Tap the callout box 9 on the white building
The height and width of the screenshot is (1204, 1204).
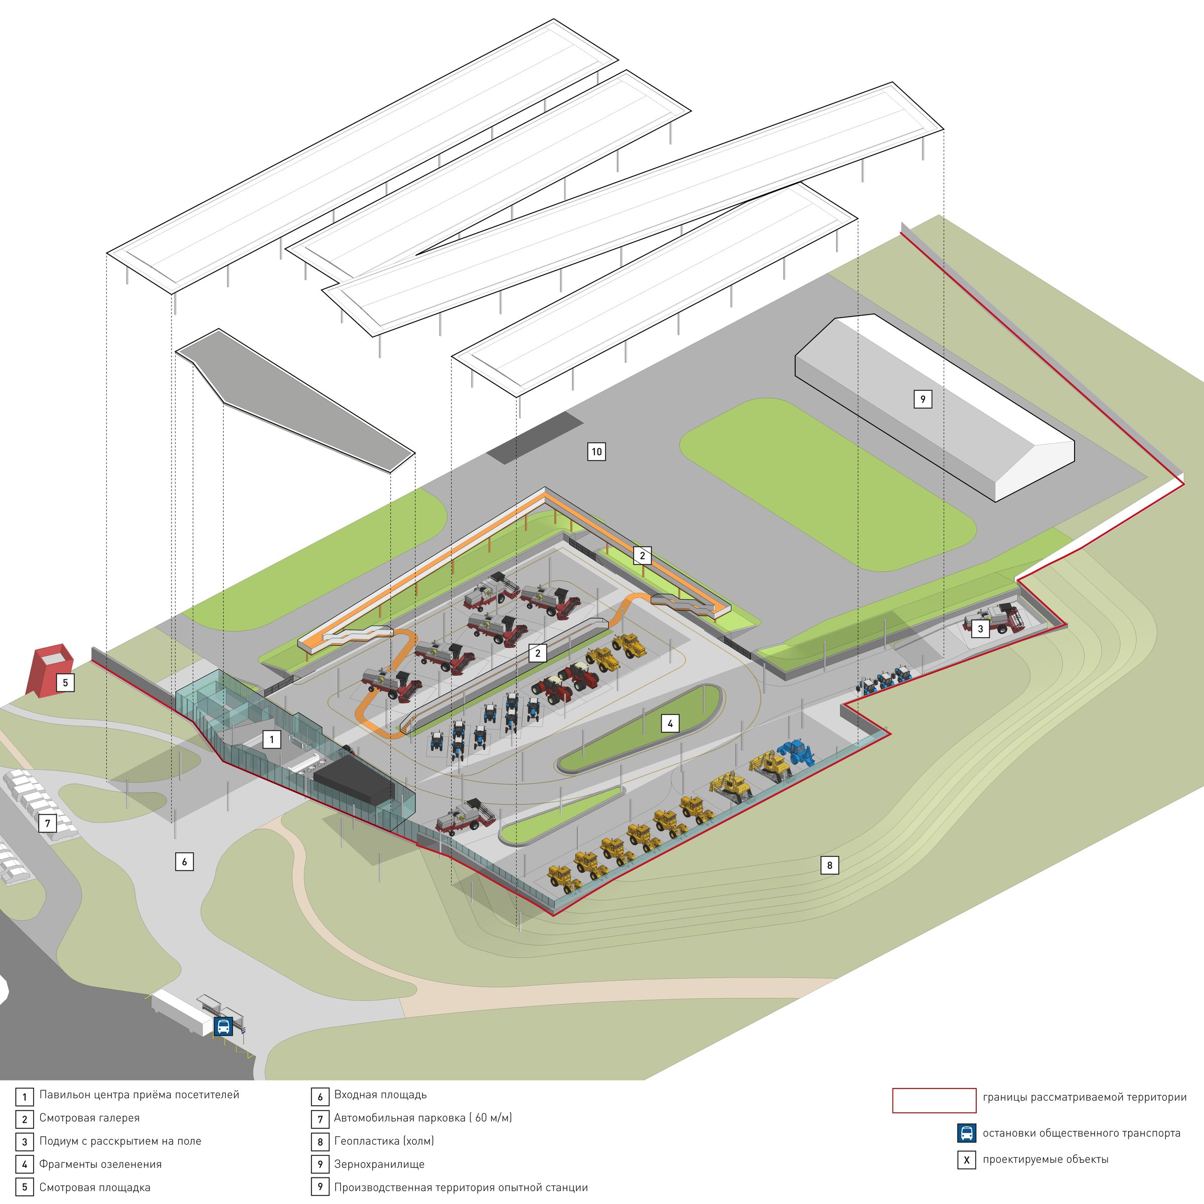click(x=923, y=399)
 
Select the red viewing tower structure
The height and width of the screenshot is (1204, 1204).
click(x=48, y=670)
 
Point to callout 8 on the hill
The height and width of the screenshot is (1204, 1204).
click(x=829, y=865)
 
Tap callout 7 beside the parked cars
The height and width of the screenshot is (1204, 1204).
click(x=47, y=823)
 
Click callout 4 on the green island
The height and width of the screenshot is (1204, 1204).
click(x=670, y=723)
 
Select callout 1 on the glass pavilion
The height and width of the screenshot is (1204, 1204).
click(x=272, y=740)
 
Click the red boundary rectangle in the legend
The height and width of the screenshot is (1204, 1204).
click(x=934, y=1100)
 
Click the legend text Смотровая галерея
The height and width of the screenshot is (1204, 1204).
click(x=89, y=1118)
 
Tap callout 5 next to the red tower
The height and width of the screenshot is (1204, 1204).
click(x=65, y=682)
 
